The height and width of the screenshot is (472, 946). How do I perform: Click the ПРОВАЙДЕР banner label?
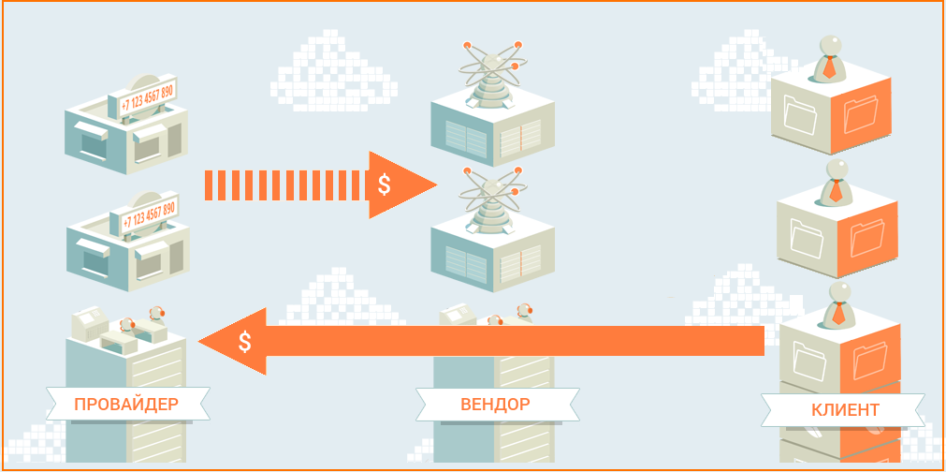click(x=126, y=404)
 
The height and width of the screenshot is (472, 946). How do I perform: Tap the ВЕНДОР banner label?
click(x=495, y=404)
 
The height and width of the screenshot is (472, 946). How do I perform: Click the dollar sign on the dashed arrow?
click(x=384, y=184)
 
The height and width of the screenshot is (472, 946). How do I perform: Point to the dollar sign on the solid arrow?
click(x=244, y=342)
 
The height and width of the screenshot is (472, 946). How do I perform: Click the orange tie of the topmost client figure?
click(x=829, y=67)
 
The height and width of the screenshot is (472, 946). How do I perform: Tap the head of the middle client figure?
click(x=837, y=170)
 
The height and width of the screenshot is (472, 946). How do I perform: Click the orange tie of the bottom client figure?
click(x=838, y=313)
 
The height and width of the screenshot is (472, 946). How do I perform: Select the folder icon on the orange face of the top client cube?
click(x=861, y=114)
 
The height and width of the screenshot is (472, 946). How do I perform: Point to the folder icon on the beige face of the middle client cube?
click(x=807, y=239)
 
